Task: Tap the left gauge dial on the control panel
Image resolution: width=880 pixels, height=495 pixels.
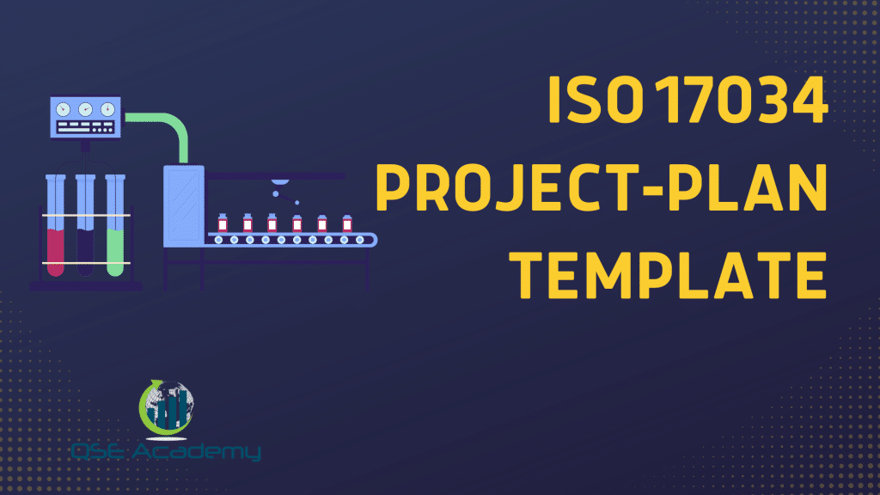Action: [x=64, y=109]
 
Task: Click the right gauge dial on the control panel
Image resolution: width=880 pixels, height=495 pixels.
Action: [x=107, y=109]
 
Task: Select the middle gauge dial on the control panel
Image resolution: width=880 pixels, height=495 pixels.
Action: [x=85, y=109]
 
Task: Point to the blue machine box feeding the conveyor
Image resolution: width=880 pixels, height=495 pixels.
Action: [x=183, y=207]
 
